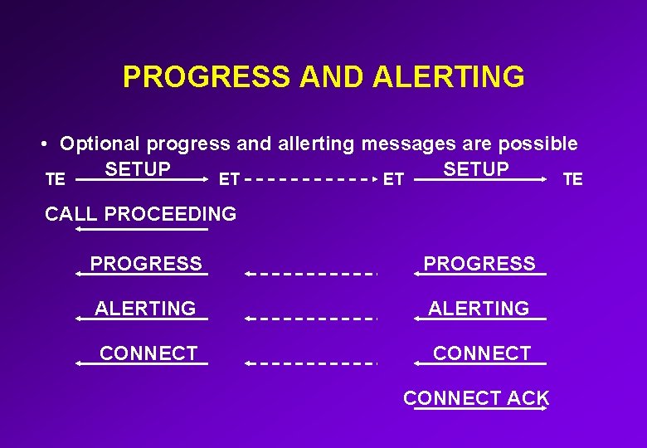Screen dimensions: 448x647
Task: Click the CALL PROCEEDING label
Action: click(140, 213)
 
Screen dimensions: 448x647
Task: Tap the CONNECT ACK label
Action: click(476, 397)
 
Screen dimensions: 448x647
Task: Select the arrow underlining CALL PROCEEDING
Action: click(141, 229)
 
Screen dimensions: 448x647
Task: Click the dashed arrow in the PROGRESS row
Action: click(311, 273)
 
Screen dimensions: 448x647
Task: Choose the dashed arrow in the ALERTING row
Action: click(311, 318)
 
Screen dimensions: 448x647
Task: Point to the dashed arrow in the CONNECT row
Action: click(311, 363)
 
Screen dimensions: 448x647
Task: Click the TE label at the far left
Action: click(56, 178)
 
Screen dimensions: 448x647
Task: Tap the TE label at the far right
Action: click(572, 178)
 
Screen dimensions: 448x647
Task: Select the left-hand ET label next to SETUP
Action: click(229, 178)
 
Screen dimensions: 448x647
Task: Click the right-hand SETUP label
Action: click(476, 169)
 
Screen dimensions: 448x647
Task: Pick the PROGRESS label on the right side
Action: click(479, 263)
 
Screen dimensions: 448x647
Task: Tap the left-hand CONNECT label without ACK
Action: click(148, 353)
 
